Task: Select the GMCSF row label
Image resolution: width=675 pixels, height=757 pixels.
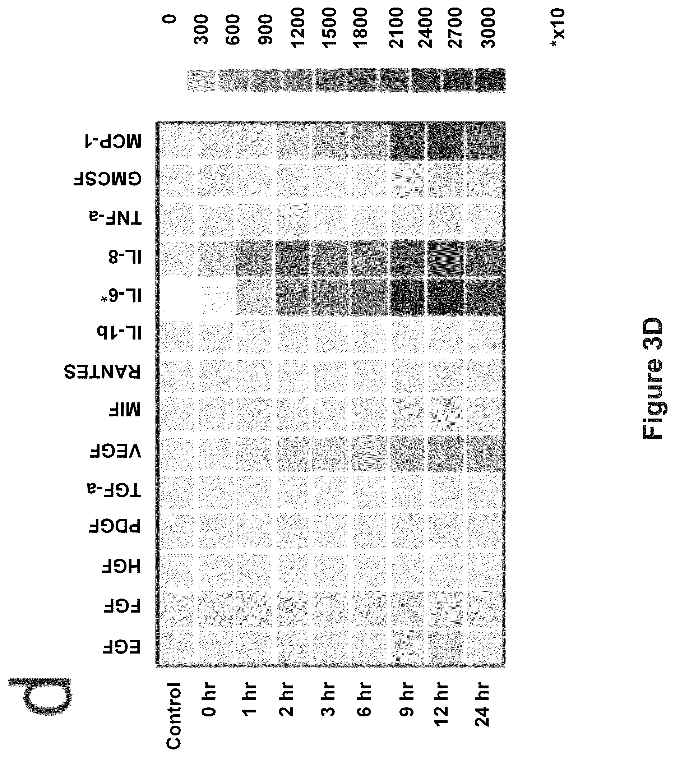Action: click(x=107, y=180)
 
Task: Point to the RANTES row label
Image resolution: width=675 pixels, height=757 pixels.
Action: click(x=103, y=371)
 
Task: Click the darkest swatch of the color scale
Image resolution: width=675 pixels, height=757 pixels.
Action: click(x=490, y=80)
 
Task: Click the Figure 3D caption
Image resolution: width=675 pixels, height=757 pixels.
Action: click(x=652, y=378)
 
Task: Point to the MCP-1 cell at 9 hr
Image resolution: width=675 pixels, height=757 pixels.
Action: click(x=407, y=142)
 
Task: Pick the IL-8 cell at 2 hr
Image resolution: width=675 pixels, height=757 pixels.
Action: click(x=293, y=259)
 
